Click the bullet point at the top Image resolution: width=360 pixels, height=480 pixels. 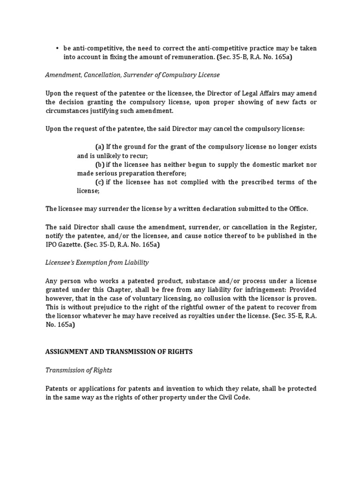(57, 48)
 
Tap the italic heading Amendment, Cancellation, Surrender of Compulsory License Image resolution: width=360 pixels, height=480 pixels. (132, 75)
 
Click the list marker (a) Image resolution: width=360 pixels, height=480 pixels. (99, 147)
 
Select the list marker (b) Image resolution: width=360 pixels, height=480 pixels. (100, 165)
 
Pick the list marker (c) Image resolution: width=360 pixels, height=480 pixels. (99, 182)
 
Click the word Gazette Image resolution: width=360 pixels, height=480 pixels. (72, 244)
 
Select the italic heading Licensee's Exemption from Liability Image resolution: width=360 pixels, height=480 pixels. (97, 262)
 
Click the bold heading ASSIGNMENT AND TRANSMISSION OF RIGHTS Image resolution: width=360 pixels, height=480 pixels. (119, 352)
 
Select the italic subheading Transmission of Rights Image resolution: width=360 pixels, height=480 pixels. (78, 370)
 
